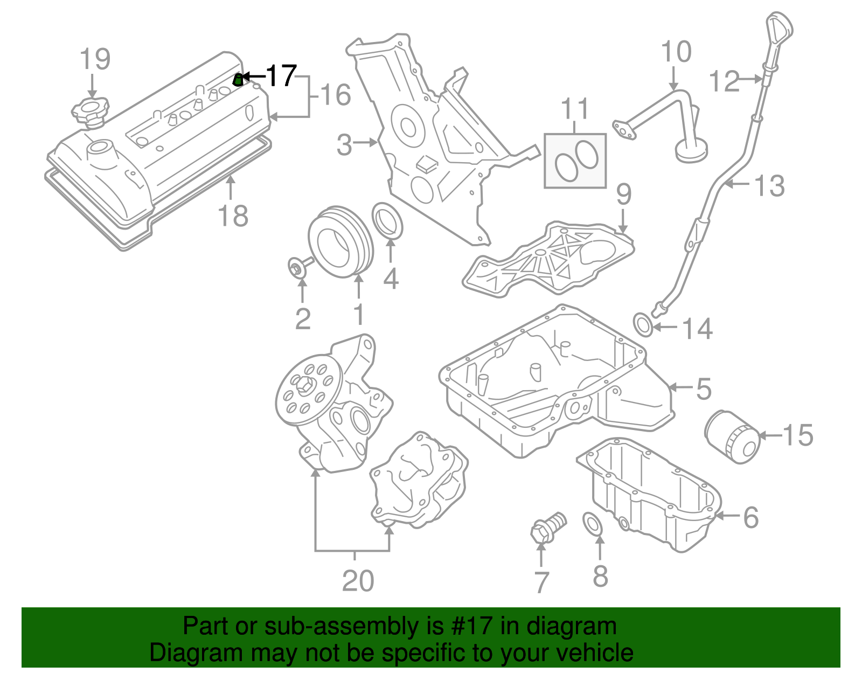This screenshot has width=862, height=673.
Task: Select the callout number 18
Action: coord(233,216)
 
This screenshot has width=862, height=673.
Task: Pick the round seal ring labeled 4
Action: coord(387,220)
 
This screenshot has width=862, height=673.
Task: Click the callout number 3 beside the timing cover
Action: coord(344,144)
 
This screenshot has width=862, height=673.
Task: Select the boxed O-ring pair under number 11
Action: coord(575,161)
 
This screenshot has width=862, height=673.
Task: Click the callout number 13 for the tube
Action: coord(769,186)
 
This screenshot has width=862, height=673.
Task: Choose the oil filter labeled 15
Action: coord(732,436)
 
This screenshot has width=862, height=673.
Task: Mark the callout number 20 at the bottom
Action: coord(358,580)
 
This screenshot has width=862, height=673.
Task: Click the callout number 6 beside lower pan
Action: coord(751,517)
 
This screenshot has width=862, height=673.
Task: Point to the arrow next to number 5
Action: coord(680,387)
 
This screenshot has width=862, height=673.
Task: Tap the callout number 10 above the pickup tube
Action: coord(676,52)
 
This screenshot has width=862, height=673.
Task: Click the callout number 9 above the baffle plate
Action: coord(623,194)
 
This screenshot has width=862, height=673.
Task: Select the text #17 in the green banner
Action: coord(474,626)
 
